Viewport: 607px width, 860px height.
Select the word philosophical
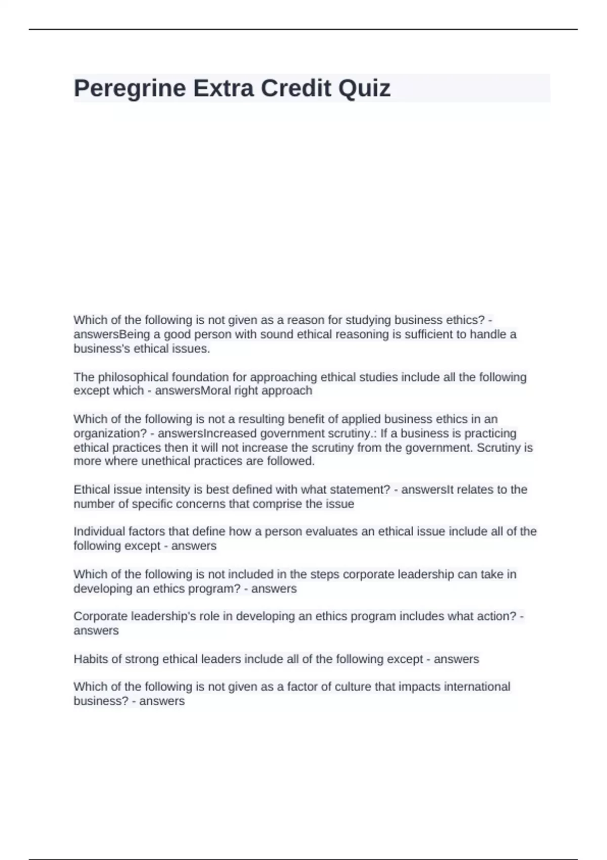[x=133, y=377]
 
